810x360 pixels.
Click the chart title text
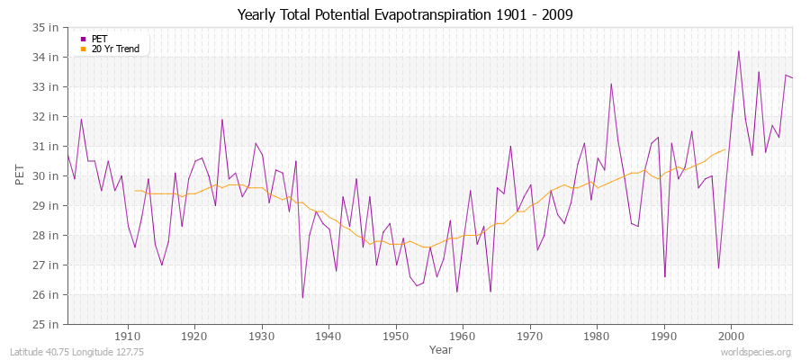pos(404,14)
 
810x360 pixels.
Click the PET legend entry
pos(99,39)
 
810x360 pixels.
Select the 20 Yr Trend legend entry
pos(115,49)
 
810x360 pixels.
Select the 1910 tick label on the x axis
pos(128,337)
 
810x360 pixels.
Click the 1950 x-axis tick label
pos(396,337)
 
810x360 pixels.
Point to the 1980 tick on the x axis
pos(597,337)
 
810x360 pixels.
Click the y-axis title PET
pos(21,175)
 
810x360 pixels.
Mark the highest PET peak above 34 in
pos(739,51)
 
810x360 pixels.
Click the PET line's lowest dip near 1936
pos(302,297)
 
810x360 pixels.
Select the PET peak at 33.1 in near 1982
pos(611,85)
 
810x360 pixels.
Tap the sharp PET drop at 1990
pos(665,276)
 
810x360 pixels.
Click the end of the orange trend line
pos(725,148)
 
